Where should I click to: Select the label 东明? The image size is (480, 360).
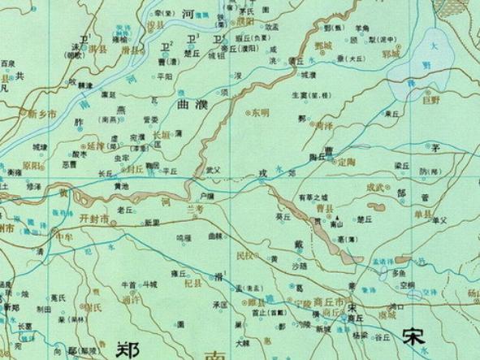[x=259, y=111]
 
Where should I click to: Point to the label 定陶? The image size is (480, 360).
[x=347, y=161]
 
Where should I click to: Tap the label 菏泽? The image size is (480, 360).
[x=325, y=126]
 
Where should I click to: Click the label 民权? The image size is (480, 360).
[x=244, y=254]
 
